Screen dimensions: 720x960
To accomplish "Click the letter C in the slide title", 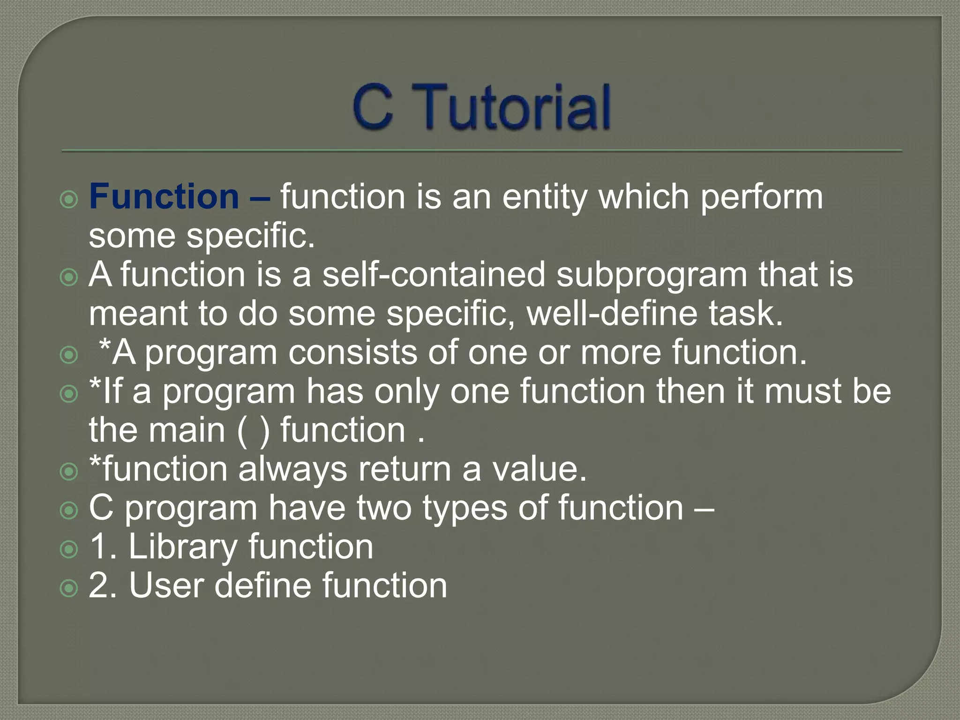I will click(373, 107).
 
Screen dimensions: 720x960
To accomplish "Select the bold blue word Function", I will click(164, 196).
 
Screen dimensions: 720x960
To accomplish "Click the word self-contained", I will click(434, 274).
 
